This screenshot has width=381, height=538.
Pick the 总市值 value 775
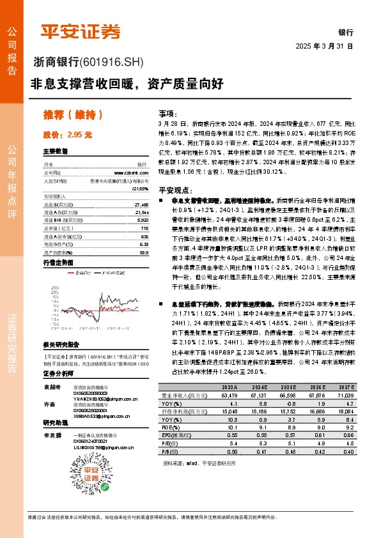(x=144, y=210)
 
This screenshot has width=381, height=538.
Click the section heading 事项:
(x=167, y=111)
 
